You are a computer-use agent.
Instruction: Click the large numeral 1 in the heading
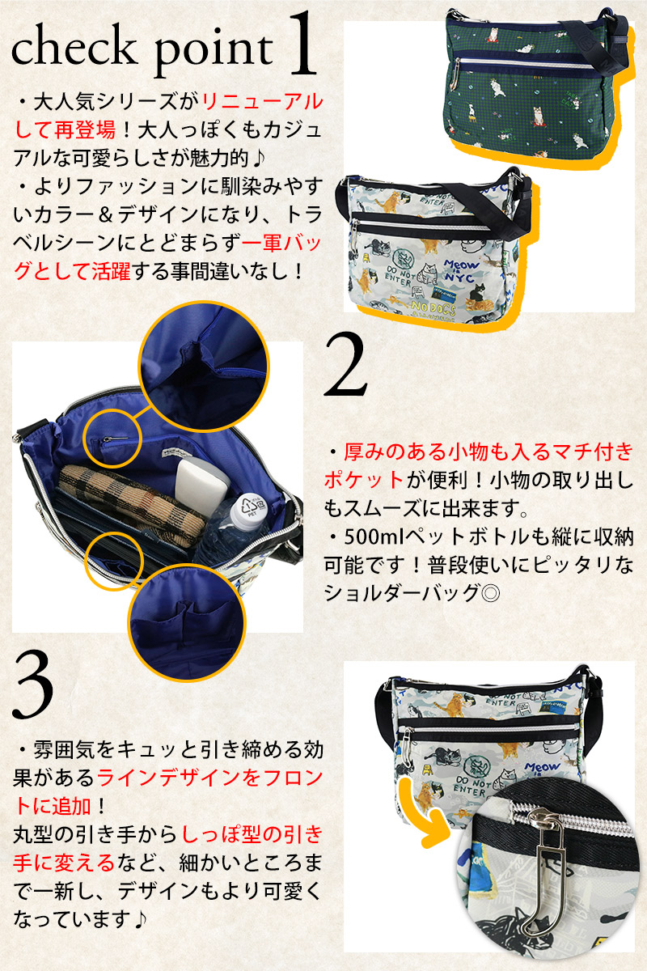pos(302,44)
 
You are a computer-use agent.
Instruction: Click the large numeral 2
pos(346,365)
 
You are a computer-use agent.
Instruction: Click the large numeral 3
pos(33,685)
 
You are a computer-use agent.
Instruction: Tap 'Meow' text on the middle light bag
pos(462,265)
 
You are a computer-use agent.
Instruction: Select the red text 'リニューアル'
pos(263,102)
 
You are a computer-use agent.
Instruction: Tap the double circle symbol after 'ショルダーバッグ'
pos(490,593)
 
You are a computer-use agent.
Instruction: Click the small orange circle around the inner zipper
pos(112,438)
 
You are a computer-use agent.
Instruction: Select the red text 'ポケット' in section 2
pos(364,480)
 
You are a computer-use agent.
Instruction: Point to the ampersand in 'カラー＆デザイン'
pos(105,215)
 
